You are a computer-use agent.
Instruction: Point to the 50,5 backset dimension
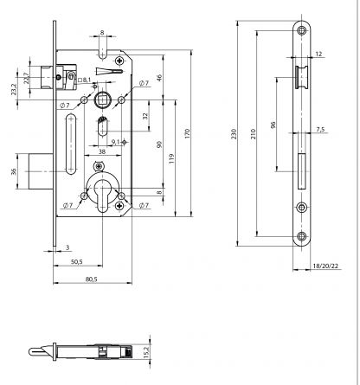coord(76,261)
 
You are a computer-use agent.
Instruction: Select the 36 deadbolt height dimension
coord(13,172)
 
